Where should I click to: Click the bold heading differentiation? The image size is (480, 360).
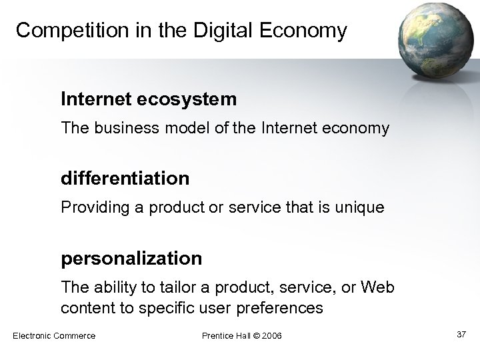click(125, 179)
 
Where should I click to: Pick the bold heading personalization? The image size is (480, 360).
click(131, 258)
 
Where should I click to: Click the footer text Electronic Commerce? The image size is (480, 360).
click(54, 335)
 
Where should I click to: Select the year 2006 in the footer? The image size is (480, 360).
click(271, 335)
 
